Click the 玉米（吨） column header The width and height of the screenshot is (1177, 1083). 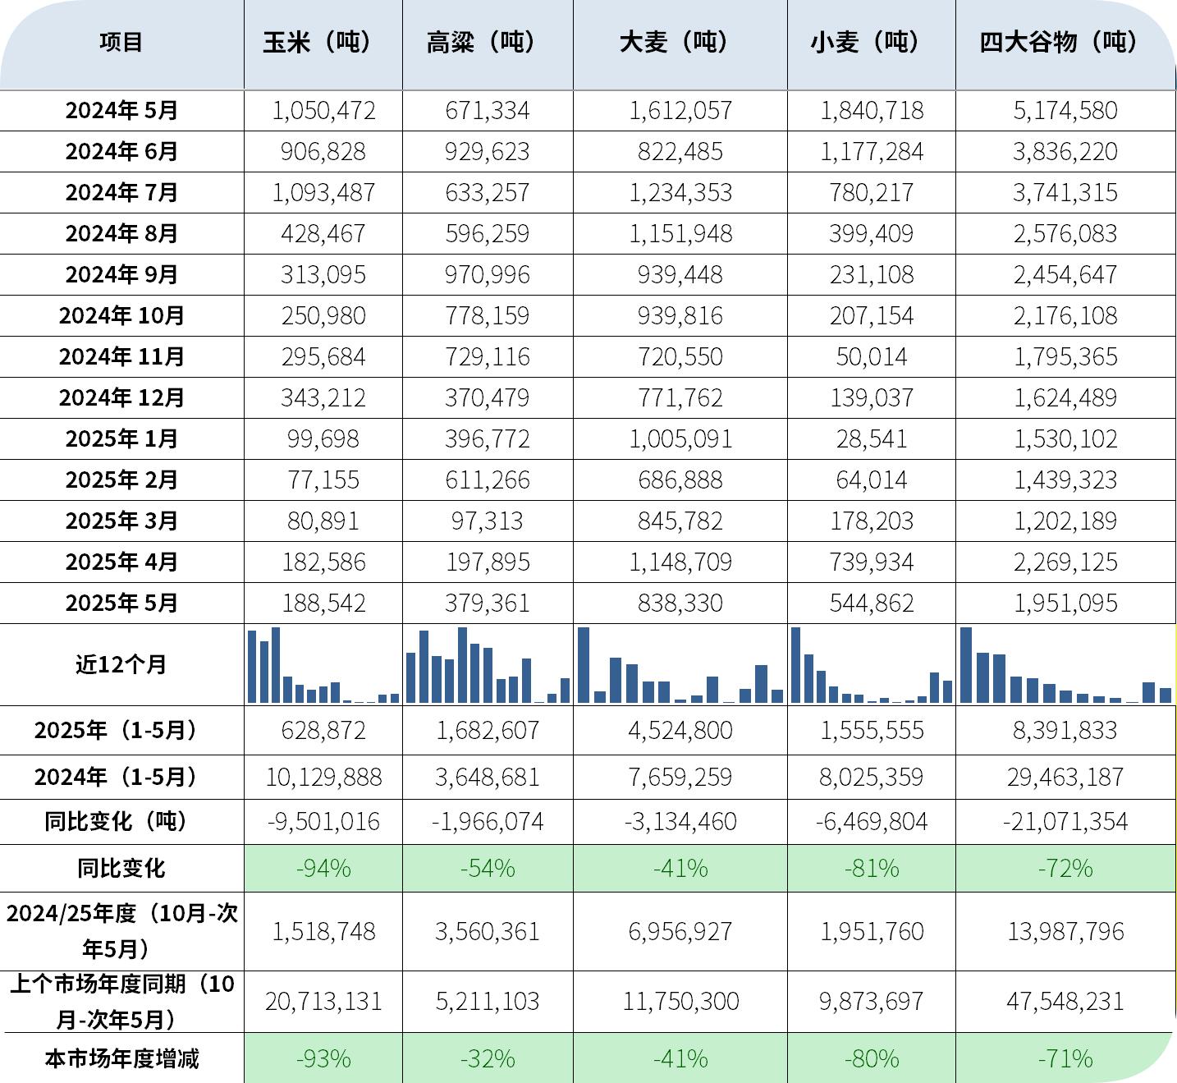coord(323,42)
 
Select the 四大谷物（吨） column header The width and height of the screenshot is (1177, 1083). coord(1065,42)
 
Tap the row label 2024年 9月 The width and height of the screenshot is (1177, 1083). coord(121,274)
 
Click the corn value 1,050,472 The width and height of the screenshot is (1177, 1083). coord(323,110)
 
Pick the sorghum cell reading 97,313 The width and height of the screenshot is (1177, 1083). coord(487,521)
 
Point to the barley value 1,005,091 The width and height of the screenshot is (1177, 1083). coord(680,438)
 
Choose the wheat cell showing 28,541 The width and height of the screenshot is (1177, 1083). coord(872,438)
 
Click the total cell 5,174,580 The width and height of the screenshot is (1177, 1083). coord(1065,110)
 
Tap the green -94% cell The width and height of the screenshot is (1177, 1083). coord(323,868)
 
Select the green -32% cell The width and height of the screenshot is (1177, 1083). coord(487,1058)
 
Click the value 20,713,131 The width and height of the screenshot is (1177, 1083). coord(323,1001)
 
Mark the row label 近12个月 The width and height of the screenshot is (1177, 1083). coord(121,664)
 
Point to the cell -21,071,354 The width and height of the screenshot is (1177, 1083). coord(1065,821)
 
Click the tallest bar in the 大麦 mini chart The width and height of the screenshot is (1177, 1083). coord(584,665)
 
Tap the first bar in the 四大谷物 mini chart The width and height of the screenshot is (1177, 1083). coord(966,665)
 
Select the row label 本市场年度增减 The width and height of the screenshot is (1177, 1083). coord(121,1058)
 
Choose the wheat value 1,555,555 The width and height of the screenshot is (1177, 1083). coord(872,730)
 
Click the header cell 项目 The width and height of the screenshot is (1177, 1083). coord(121,42)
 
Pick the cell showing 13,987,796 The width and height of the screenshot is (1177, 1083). coord(1065,931)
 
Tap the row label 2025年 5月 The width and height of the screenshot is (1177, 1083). coord(121,603)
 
